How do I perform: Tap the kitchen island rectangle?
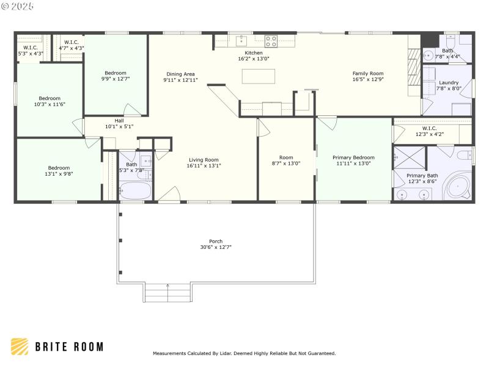pyautogui.click(x=258, y=76)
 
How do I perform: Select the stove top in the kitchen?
pyautogui.click(x=271, y=41)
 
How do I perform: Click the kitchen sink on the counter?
pyautogui.click(x=241, y=41)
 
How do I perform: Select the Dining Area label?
pyautogui.click(x=180, y=74)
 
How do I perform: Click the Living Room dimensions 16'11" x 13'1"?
pyautogui.click(x=204, y=165)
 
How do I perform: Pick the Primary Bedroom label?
pyautogui.click(x=353, y=157)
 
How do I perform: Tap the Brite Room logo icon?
pyautogui.click(x=20, y=346)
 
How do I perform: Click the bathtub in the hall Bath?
pyautogui.click(x=134, y=191)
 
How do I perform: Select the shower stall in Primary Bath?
pyautogui.click(x=408, y=157)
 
